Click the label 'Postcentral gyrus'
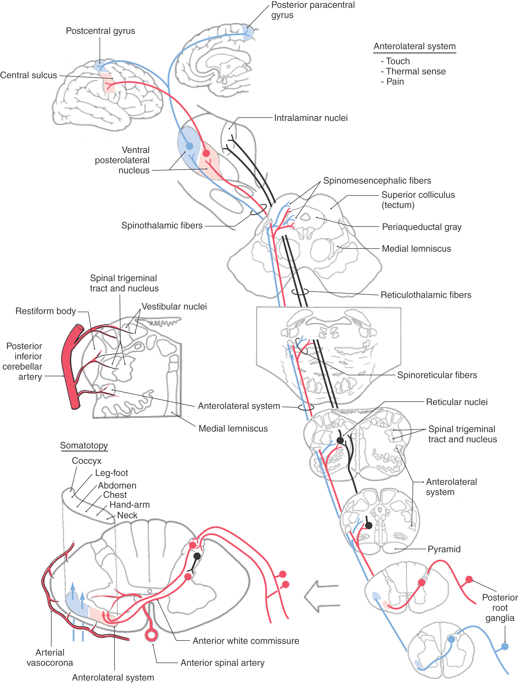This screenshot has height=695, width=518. pos(100,31)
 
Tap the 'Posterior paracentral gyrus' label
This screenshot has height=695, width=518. pos(313,10)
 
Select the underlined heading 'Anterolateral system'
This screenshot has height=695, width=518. pos(415,46)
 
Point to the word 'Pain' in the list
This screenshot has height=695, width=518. pos(395,82)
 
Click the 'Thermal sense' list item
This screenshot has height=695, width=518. pos(416,71)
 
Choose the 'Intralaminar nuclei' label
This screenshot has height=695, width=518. pos(311,118)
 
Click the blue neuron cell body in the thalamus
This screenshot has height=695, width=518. pos(189,146)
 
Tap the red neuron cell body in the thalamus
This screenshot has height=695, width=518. pos(206,153)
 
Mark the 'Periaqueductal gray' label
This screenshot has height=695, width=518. pos(421,227)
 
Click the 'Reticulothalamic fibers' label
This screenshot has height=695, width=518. pos(426,295)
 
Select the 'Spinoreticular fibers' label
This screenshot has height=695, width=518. pos(437,375)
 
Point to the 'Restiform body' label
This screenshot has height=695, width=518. pos(46,311)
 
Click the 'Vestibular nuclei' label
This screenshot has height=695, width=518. pos(174,306)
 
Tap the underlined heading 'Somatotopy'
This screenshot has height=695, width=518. pos(84,445)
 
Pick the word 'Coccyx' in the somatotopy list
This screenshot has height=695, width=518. pos(87,461)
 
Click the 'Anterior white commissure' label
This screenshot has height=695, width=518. pos(246,641)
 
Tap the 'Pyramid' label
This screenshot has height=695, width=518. pos(444,549)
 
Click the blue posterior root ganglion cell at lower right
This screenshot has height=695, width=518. pos(505,646)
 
